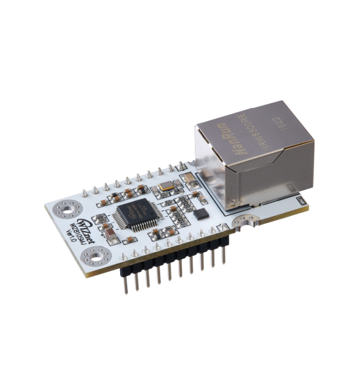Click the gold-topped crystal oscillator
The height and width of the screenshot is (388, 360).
coord(166,187)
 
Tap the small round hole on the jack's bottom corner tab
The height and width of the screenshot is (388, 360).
coord(300,198)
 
